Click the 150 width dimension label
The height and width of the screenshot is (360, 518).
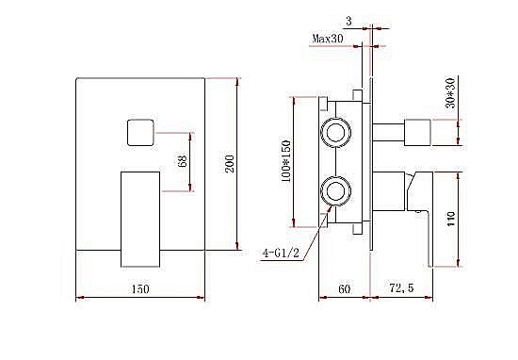pos(140,288)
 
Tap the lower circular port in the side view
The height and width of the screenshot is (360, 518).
pos(335,194)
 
